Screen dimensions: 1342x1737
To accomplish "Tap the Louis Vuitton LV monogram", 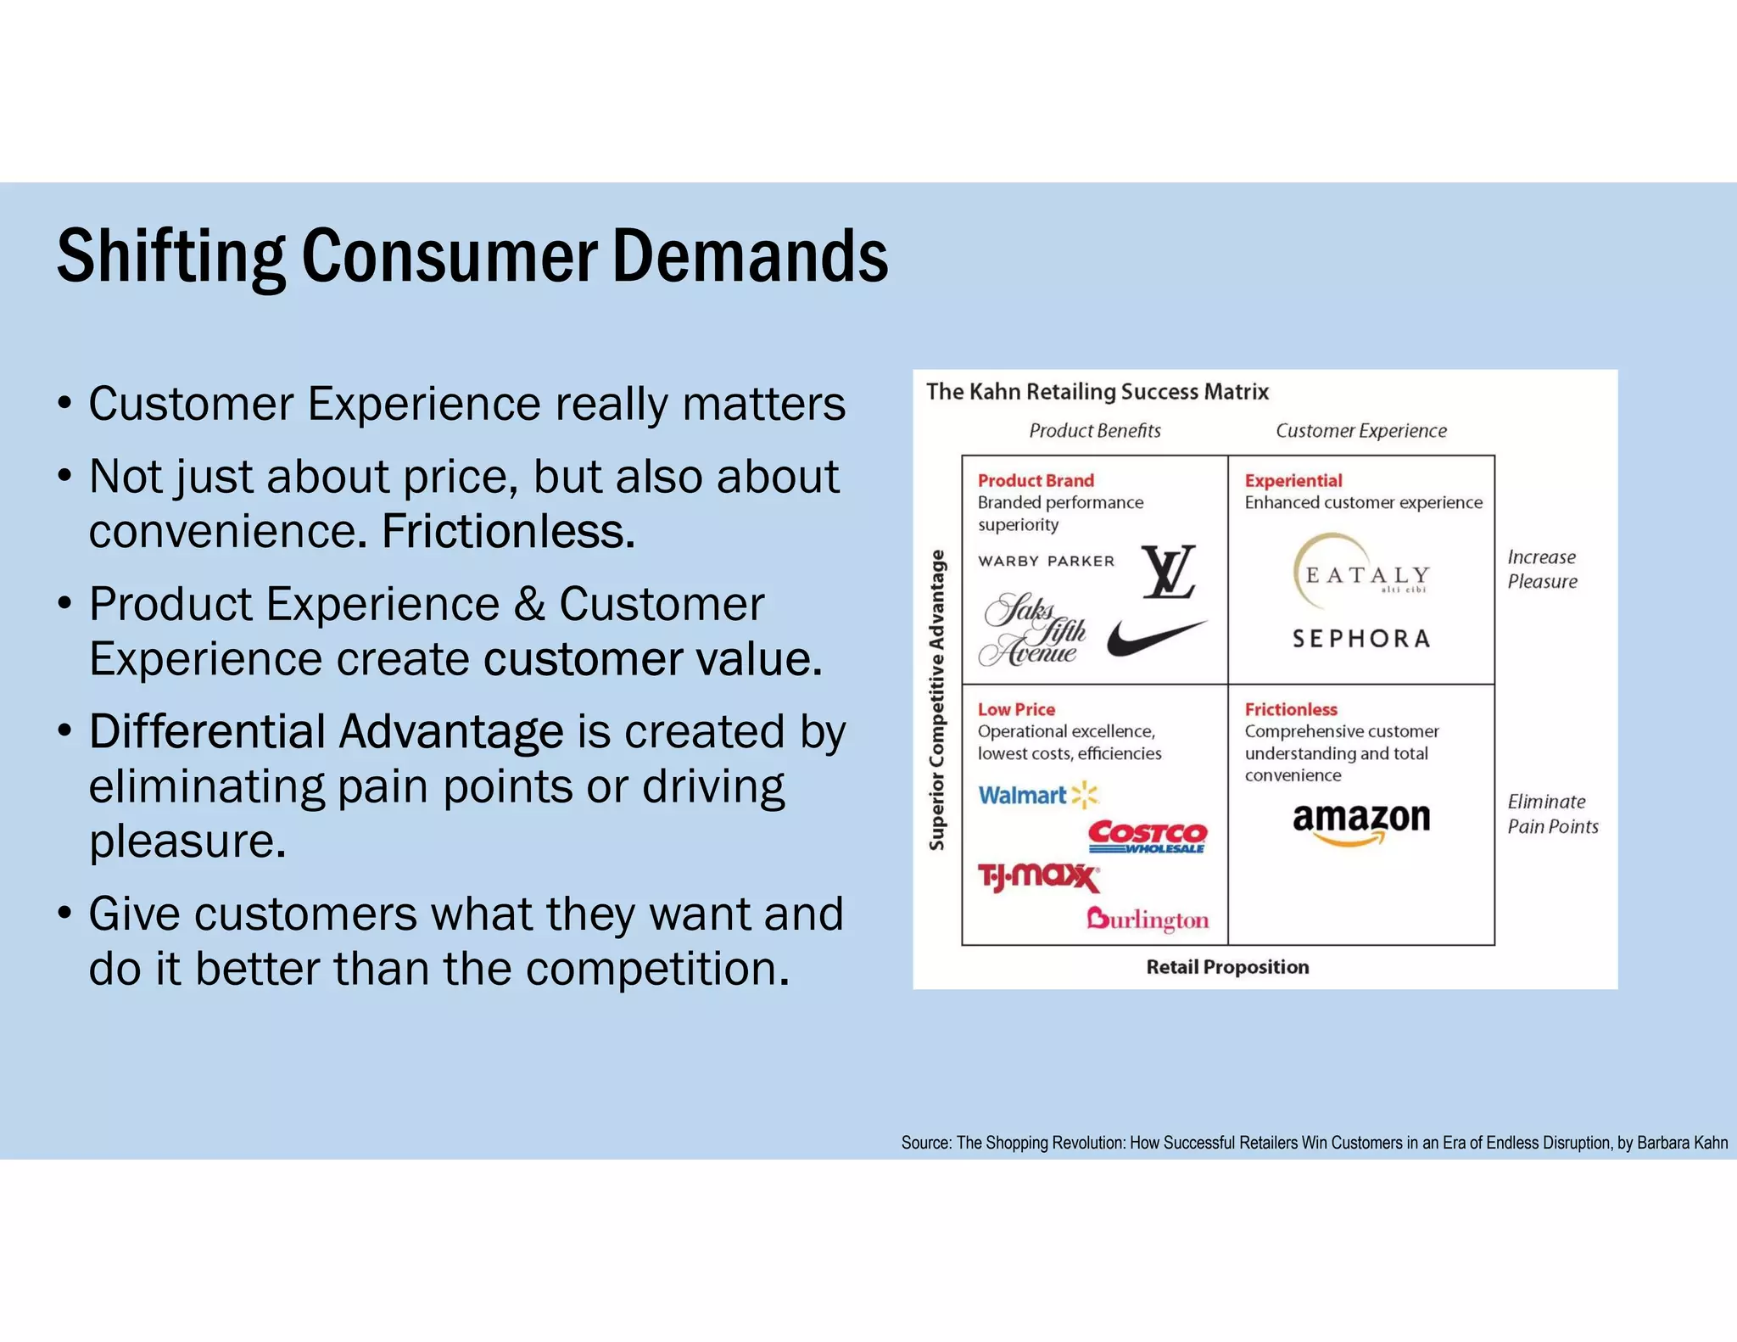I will [1169, 572].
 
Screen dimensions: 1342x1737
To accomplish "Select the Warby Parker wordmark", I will [1046, 561].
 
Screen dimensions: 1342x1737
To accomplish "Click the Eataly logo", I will [1361, 573].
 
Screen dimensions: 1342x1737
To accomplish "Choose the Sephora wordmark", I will [1361, 638].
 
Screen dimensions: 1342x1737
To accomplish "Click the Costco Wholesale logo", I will [1147, 836].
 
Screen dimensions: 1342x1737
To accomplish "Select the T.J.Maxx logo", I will [1038, 875].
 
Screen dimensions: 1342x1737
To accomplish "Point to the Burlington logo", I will [1148, 920].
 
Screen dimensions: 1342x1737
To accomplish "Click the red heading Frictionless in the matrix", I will [1290, 709].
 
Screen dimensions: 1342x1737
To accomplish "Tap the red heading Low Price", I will [1016, 709].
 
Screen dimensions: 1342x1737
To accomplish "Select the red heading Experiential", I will [1293, 480].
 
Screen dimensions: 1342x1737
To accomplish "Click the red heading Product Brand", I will [1036, 480].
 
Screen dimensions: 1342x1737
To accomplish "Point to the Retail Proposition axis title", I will [1227, 967].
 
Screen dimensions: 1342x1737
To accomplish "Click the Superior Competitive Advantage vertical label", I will [936, 700].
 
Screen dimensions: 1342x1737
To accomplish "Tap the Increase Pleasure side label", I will [1542, 569].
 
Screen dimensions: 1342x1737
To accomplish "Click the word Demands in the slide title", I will [750, 256].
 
